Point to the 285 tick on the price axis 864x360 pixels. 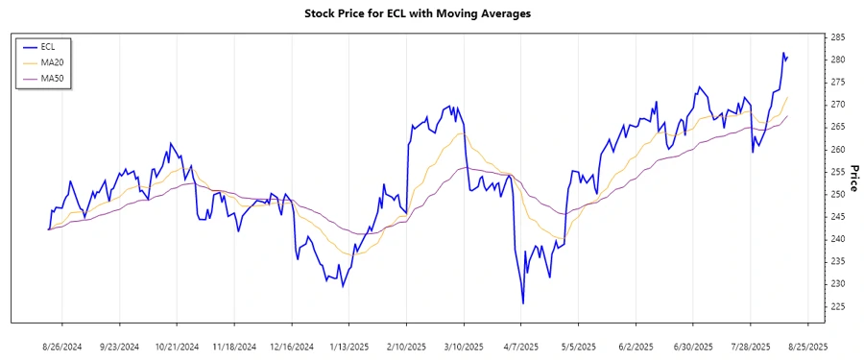point(837,37)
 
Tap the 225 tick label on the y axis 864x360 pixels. point(837,306)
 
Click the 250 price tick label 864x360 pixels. point(837,194)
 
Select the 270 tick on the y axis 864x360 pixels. point(837,105)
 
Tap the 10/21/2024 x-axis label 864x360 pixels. point(177,346)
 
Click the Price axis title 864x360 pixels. point(853,178)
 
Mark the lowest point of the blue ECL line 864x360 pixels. point(523,303)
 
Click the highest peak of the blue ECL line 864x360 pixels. point(783,53)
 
